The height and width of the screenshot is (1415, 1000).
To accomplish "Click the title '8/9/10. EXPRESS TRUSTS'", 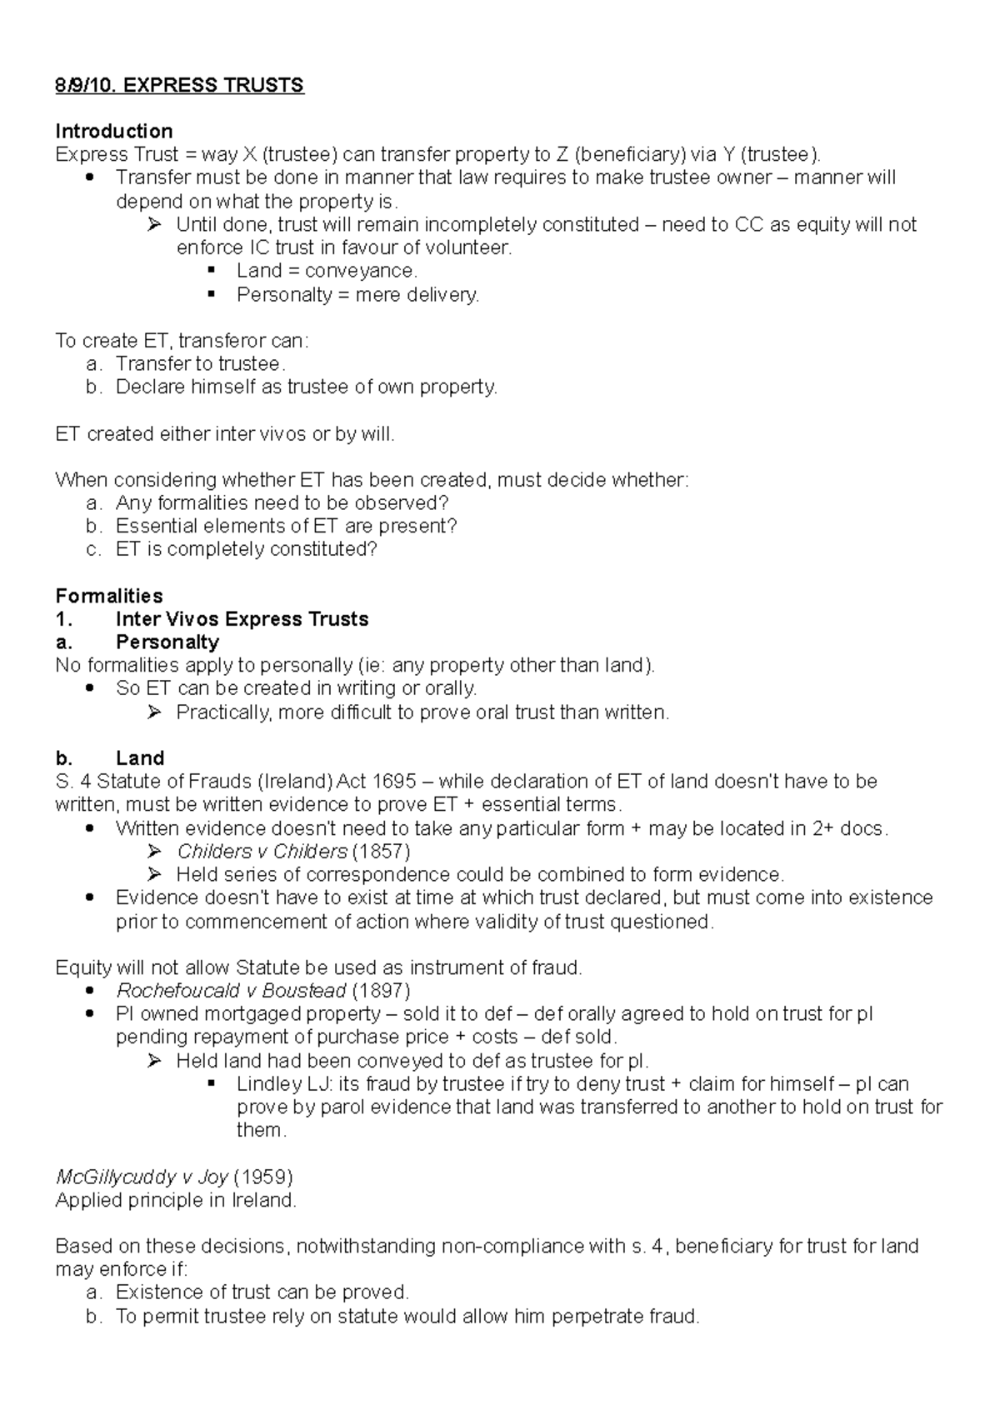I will coord(179,85).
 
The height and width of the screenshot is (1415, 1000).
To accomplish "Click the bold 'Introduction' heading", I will coord(113,131).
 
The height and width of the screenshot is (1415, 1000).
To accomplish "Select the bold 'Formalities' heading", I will coord(108,596).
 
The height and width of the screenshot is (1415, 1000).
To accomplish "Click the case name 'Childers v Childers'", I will coord(262,852).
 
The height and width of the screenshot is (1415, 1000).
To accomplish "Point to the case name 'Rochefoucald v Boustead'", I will coord(231,991).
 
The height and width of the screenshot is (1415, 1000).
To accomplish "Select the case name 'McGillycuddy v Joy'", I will coord(142,1177).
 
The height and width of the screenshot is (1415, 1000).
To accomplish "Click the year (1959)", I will coord(263,1177).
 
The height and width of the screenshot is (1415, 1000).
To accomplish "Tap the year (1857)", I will coord(381,852).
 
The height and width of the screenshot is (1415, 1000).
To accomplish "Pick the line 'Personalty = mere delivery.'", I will coord(357,294).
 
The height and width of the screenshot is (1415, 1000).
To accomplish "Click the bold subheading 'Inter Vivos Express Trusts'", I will coord(242,619).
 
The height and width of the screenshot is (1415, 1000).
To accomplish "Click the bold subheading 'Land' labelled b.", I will coord(139,758).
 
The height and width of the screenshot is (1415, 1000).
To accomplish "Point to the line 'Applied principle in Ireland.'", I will coord(175,1200).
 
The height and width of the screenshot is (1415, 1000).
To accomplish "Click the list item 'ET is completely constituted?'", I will coord(247,549).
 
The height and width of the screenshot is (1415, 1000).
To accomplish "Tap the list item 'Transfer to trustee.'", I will coord(200,363).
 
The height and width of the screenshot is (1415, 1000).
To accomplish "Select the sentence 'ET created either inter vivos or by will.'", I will coord(224,433).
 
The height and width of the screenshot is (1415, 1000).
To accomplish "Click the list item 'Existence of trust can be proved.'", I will coord(262,1292).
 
